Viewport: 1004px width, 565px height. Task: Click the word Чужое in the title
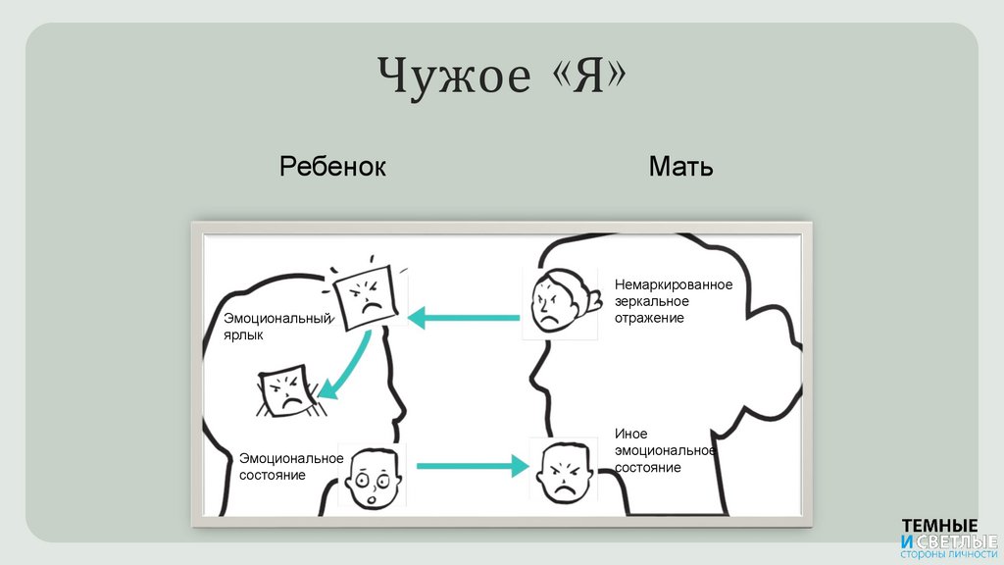[x=452, y=77]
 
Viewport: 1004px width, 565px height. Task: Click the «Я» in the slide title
[x=585, y=77]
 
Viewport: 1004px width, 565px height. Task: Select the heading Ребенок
[x=332, y=167]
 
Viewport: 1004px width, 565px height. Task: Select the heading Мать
[x=680, y=167]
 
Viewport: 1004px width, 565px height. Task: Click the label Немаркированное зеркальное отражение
[x=673, y=301]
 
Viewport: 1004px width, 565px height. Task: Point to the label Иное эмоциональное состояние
[x=665, y=450]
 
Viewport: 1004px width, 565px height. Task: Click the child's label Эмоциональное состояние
[x=291, y=466]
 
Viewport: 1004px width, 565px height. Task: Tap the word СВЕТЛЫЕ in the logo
[x=956, y=540]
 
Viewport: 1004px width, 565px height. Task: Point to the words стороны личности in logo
[x=948, y=554]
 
